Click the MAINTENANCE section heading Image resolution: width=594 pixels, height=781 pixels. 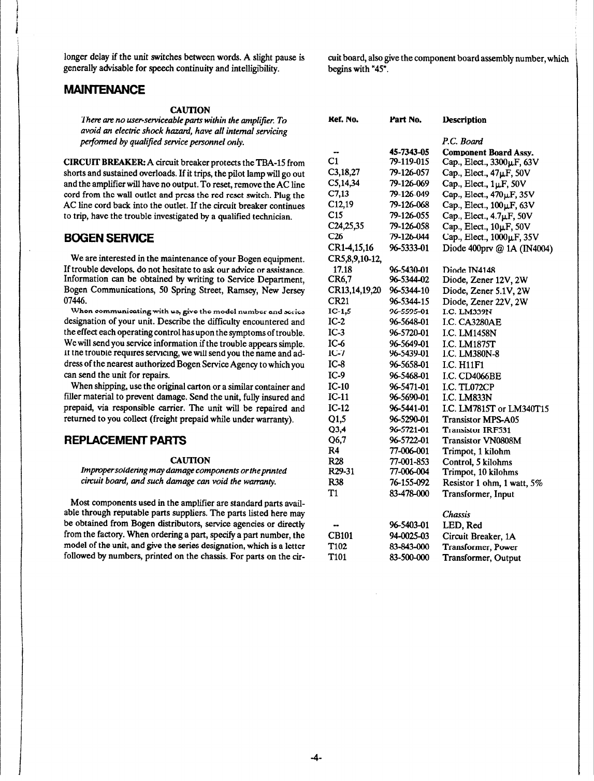(x=104, y=90)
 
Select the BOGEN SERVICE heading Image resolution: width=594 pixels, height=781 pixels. (x=108, y=238)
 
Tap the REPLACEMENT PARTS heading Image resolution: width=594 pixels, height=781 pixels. (x=124, y=441)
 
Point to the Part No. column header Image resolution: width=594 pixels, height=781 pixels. (x=405, y=120)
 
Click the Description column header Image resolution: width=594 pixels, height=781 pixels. (x=464, y=120)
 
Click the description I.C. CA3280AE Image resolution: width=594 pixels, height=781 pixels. (x=472, y=322)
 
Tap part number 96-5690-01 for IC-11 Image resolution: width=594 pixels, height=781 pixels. (x=409, y=397)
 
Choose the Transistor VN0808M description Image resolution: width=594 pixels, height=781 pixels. (x=481, y=441)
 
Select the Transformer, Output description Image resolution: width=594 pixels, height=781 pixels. (x=481, y=558)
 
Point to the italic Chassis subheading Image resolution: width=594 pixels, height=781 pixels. (x=456, y=515)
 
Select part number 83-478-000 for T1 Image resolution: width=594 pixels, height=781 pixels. (x=409, y=494)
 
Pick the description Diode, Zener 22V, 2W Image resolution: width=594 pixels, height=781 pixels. (x=485, y=301)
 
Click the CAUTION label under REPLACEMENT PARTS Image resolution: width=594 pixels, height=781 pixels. (x=190, y=460)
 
